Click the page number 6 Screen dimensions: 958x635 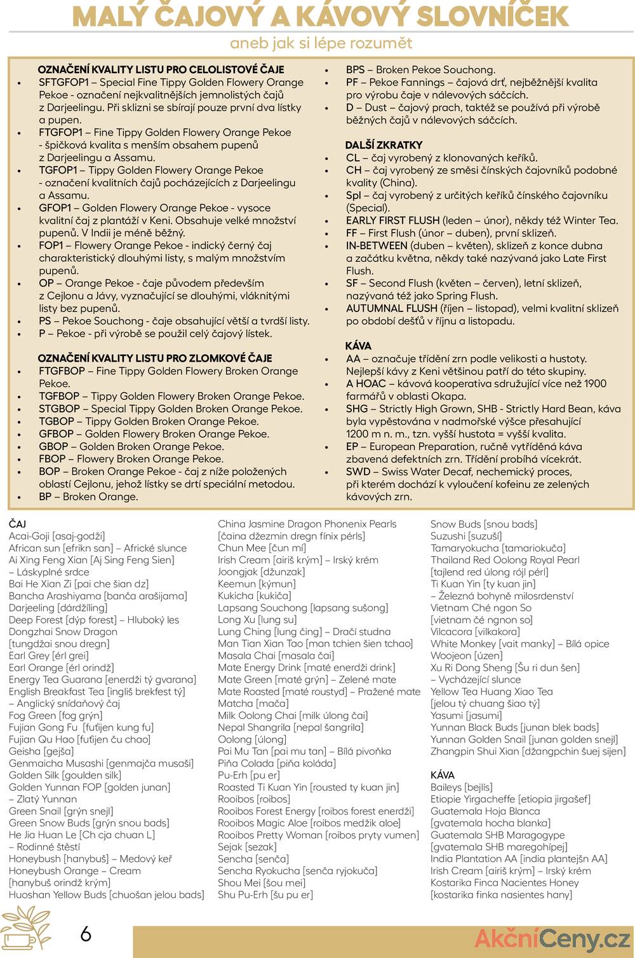point(86,934)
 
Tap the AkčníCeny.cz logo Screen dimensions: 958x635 point(552,938)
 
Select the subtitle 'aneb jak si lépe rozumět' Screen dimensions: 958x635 point(321,43)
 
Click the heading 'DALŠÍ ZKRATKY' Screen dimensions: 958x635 point(384,145)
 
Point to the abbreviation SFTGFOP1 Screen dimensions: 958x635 point(63,82)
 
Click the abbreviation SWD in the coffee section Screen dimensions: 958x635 point(358,472)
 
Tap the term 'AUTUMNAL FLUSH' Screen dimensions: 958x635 point(392,308)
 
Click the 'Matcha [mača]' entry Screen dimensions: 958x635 point(253,703)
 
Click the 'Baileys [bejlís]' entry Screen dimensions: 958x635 point(461,787)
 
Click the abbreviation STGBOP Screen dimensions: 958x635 point(59,409)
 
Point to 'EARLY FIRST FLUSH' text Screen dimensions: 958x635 point(392,221)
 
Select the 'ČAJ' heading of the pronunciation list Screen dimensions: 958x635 point(17,524)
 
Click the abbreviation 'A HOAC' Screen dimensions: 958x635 point(366,383)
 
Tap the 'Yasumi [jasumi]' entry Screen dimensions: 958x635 point(465,715)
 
